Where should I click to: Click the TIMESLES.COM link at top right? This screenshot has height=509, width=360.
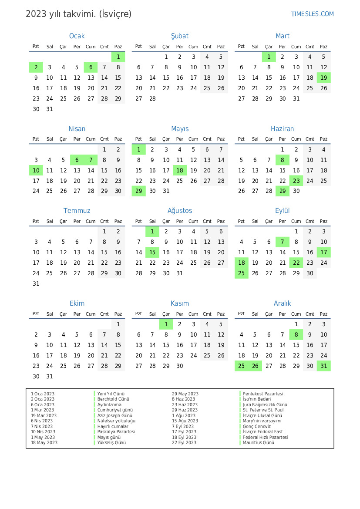coord(312,14)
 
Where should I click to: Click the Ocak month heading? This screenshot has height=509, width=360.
coord(77,36)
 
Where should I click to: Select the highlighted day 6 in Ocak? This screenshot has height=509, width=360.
coord(91,67)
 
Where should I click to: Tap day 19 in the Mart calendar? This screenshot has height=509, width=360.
coord(323,78)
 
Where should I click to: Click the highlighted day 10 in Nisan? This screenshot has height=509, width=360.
coord(36,170)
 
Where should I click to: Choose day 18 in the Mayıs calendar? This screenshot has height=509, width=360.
coord(180,170)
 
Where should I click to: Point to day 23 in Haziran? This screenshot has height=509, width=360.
coord(296,181)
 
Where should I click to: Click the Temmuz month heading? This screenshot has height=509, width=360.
coord(77,211)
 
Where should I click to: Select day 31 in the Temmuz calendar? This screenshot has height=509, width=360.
coord(36,283)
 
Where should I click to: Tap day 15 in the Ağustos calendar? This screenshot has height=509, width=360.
coord(152,252)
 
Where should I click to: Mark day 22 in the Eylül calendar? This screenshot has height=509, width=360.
coord(296,263)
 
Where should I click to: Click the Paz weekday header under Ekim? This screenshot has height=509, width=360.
coord(118,313)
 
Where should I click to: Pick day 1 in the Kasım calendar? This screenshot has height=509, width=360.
coord(166,324)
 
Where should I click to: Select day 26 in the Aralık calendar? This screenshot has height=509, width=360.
coord(255,366)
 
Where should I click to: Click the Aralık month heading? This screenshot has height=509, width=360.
coord(283,303)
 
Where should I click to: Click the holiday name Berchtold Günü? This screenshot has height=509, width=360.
coord(113,399)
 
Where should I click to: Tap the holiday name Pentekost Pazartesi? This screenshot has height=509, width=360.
coord(263,394)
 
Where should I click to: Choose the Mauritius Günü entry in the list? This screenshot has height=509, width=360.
coord(259,442)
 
